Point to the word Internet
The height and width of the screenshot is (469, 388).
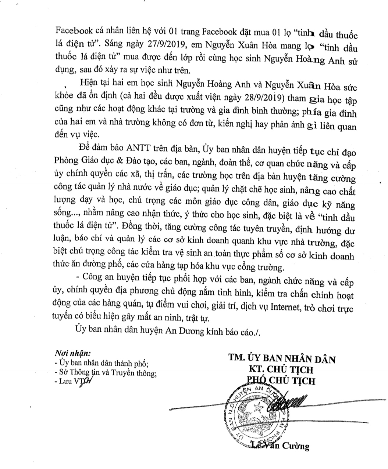pyautogui.click(x=284, y=307)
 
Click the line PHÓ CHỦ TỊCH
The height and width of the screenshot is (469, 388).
pyautogui.click(x=281, y=381)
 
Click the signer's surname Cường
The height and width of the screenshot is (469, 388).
pyautogui.click(x=295, y=447)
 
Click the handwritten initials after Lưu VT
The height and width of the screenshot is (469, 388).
pyautogui.click(x=87, y=382)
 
